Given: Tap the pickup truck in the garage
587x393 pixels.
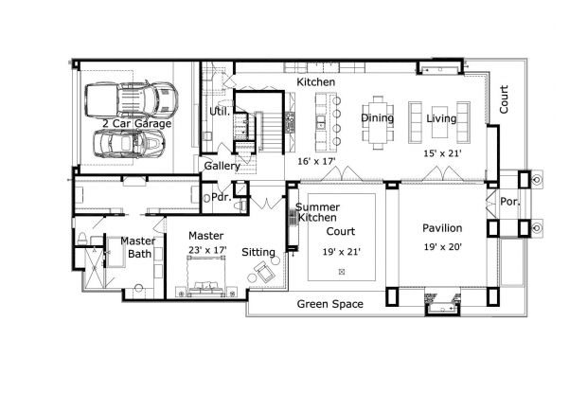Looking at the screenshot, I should click(x=132, y=99).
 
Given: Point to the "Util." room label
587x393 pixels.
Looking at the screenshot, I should click(x=220, y=112).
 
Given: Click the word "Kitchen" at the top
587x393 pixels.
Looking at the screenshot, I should click(x=316, y=83).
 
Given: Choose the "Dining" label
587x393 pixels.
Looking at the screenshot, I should click(x=378, y=118).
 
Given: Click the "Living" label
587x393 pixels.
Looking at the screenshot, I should click(x=441, y=118).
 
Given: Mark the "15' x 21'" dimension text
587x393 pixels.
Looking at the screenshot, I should click(x=442, y=152).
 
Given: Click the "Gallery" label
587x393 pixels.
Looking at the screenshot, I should click(x=222, y=167).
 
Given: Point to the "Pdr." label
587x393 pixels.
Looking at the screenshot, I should click(x=220, y=199).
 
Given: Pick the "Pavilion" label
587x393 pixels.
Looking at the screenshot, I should click(x=442, y=228).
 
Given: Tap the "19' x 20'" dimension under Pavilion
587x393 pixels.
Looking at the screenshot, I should click(x=442, y=247).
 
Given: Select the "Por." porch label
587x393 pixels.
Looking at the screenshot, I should click(x=509, y=202).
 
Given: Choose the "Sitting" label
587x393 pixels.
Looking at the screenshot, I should click(x=258, y=253).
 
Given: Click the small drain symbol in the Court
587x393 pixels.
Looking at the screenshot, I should click(x=342, y=272).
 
